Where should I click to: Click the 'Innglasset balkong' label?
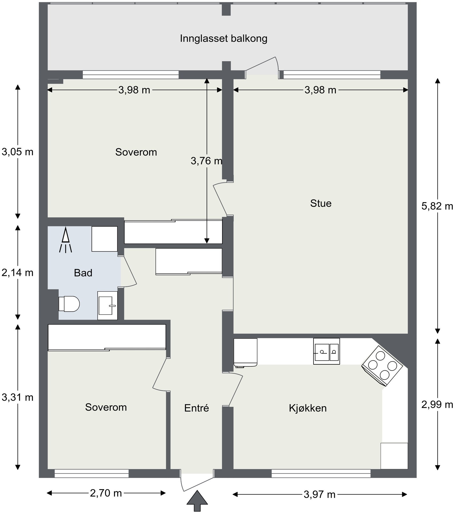pyautogui.click(x=223, y=39)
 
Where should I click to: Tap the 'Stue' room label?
pyautogui.click(x=321, y=203)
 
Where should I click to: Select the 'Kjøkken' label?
pyautogui.click(x=308, y=408)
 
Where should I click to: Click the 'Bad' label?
pyautogui.click(x=83, y=273)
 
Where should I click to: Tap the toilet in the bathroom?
pyautogui.click(x=69, y=304)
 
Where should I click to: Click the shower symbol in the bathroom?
pyautogui.click(x=65, y=240)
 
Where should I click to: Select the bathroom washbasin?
pyautogui.click(x=107, y=305)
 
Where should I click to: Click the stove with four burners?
pyautogui.click(x=382, y=366)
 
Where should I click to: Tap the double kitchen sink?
pyautogui.click(x=326, y=351)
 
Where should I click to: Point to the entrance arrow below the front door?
pyautogui.click(x=197, y=501)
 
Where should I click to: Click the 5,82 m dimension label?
pyautogui.click(x=437, y=206)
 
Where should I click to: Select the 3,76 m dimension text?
pyautogui.click(x=206, y=161)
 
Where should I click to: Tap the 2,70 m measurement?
pyautogui.click(x=106, y=493)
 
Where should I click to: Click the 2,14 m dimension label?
pyautogui.click(x=17, y=273)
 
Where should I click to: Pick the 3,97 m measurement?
pyautogui.click(x=320, y=494)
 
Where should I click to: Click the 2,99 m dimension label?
pyautogui.click(x=437, y=404)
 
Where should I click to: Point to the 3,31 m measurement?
pyautogui.click(x=17, y=397)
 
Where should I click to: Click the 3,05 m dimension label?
pyautogui.click(x=17, y=152)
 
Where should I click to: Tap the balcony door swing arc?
pyautogui.click(x=277, y=64)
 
